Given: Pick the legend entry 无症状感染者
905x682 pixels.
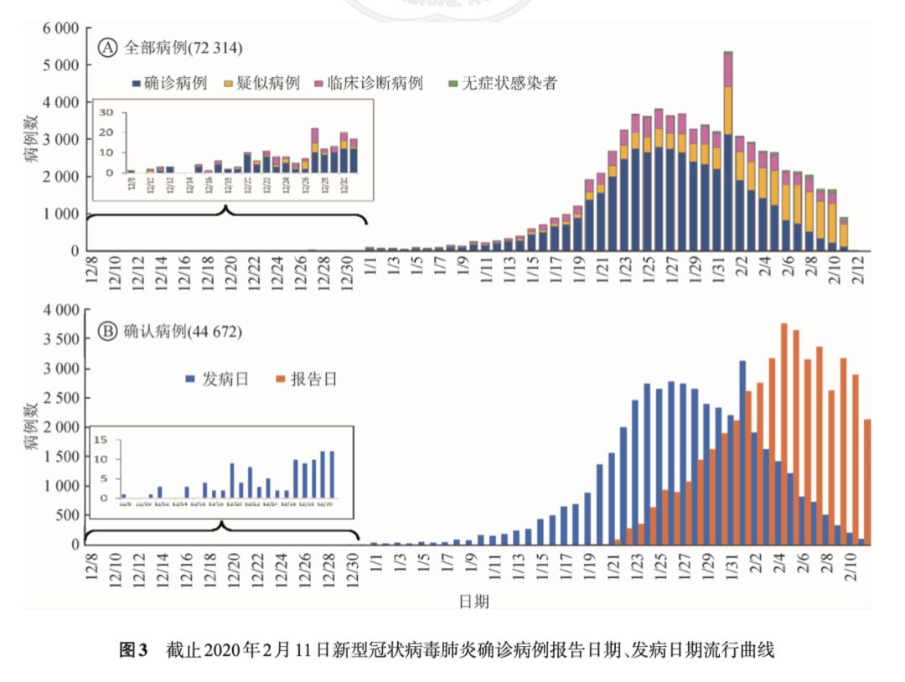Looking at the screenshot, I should pyautogui.click(x=509, y=83).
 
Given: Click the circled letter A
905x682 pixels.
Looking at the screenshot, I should pyautogui.click(x=107, y=48).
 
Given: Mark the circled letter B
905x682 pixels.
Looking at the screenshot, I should pyautogui.click(x=107, y=332).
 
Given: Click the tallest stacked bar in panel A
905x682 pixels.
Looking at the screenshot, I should pyautogui.click(x=728, y=151).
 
